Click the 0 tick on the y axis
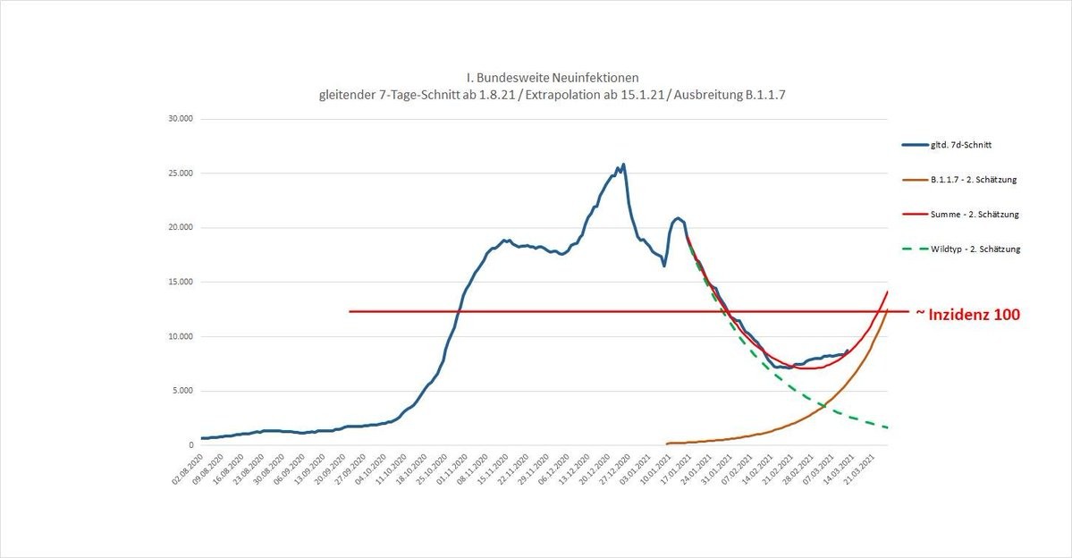(x=190, y=445)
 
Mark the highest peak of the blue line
(x=623, y=164)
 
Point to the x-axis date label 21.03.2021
(x=874, y=468)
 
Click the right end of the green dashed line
(x=888, y=428)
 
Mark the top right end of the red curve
(x=888, y=292)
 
